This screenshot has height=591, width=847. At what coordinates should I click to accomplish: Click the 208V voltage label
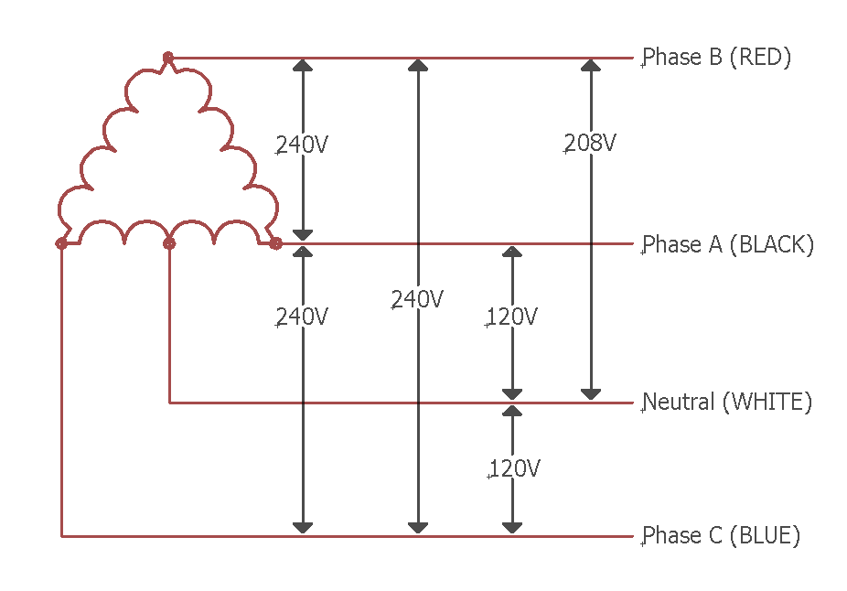pos(590,144)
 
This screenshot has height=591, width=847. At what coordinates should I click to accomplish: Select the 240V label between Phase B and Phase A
pos(302,145)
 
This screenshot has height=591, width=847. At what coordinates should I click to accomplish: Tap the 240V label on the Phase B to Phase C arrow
pos(417,299)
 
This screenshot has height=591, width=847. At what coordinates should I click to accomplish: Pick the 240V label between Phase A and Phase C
pos(302,317)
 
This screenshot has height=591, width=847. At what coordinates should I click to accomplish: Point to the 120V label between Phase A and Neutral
pos(511,317)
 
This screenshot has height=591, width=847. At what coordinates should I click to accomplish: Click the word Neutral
pos(679,402)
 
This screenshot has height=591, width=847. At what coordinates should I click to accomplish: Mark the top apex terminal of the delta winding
pos(168,59)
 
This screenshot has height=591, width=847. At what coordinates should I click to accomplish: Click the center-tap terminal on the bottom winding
pos(168,243)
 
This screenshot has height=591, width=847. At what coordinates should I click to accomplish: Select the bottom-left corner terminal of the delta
pos(61,243)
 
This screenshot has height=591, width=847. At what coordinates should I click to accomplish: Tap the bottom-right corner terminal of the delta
pos(275,243)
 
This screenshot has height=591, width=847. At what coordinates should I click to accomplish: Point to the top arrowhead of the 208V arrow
pos(591,66)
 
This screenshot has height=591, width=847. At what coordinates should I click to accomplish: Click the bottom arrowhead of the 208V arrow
pos(591,393)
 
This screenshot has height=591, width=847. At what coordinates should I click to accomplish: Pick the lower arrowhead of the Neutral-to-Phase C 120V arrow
pos(512,527)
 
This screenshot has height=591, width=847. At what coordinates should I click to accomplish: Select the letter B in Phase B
pos(715,57)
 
